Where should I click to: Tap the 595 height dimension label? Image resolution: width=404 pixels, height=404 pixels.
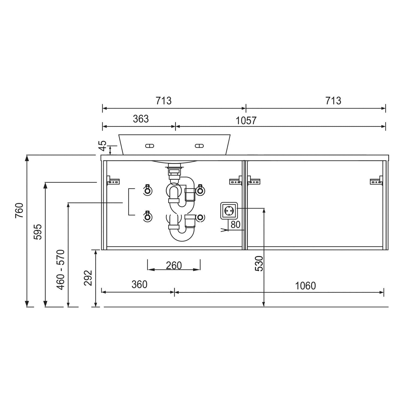pos(38,232)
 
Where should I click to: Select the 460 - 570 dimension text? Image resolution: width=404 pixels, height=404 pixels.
pos(61,270)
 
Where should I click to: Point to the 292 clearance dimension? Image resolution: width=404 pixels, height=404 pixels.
pos(88,278)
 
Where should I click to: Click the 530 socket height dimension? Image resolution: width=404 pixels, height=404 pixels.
pos(259,263)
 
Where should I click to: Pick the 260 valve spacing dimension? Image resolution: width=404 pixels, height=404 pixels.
pos(174,266)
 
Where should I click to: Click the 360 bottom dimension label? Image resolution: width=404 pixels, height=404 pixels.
pos(140,284)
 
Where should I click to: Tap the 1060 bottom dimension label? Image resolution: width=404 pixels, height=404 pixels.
pos(305,285)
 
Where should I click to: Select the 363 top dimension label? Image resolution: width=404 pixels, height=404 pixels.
pos(141,119)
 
